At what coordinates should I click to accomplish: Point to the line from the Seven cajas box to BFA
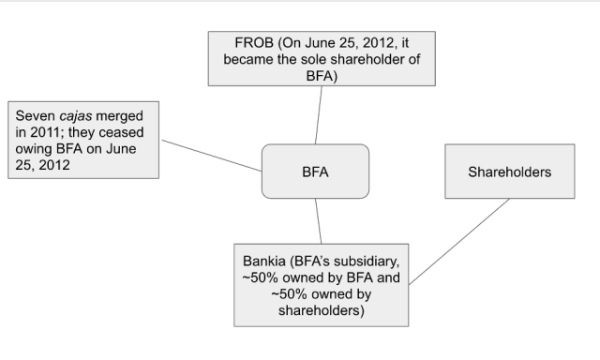[x=211, y=156]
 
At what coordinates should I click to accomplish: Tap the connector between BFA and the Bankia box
[x=320, y=221]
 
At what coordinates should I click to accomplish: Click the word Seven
[x=36, y=115]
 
